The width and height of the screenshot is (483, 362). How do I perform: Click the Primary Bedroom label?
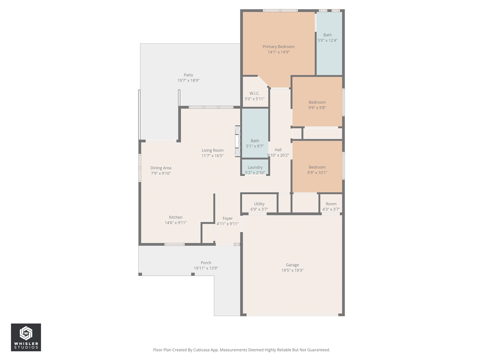click(278, 47)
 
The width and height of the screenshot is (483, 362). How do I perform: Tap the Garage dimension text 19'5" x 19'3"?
click(292, 270)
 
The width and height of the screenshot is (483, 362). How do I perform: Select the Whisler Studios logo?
click(26, 337)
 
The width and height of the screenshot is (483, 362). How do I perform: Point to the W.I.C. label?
click(254, 94)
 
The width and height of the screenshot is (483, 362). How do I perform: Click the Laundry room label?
click(255, 167)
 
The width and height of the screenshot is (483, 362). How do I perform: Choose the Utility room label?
click(259, 204)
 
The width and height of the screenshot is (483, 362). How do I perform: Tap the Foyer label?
click(228, 218)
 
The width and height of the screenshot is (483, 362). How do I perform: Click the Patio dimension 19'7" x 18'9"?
click(188, 80)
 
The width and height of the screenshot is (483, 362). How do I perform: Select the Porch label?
click(206, 263)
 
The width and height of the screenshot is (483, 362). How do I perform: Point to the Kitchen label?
click(175, 217)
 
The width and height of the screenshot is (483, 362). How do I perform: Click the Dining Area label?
click(161, 168)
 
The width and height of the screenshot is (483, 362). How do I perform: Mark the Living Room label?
click(212, 150)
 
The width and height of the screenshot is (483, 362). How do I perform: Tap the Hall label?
click(278, 150)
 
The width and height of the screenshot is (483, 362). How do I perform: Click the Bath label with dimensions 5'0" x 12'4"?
click(328, 35)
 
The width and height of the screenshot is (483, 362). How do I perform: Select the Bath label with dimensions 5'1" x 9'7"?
click(255, 141)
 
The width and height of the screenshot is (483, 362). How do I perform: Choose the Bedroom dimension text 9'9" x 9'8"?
click(317, 107)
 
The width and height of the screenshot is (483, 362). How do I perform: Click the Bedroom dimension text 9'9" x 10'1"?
click(317, 172)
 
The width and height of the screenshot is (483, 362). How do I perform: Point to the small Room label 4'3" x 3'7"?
click(331, 204)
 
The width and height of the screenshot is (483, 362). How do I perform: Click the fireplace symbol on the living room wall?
click(238, 141)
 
